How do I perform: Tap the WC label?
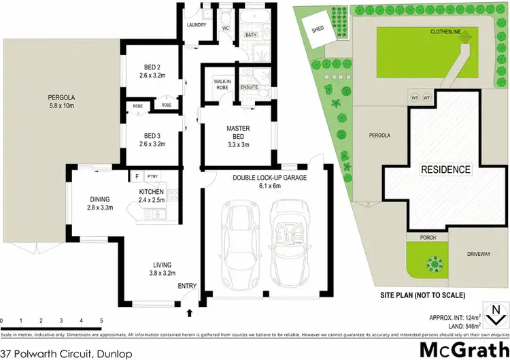tap(226, 29)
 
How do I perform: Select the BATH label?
tap(250, 35)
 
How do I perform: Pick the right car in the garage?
tap(288, 235)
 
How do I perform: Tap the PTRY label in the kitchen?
tap(152, 176)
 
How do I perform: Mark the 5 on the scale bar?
tap(101, 319)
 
